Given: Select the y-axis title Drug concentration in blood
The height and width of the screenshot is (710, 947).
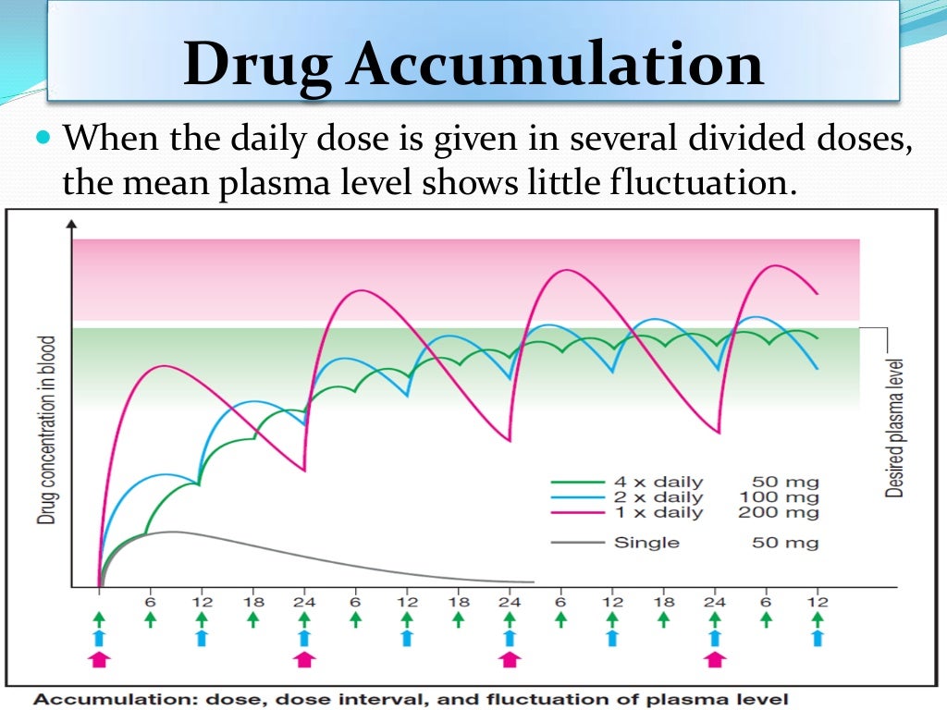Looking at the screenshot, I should click(x=46, y=430).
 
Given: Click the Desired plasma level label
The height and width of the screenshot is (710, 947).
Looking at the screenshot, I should click(x=894, y=428).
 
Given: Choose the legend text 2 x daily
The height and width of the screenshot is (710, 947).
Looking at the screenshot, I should click(x=658, y=497).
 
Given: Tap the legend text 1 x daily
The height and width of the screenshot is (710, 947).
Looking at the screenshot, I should click(x=658, y=512).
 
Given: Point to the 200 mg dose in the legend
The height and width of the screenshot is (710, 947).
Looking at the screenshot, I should click(x=778, y=512).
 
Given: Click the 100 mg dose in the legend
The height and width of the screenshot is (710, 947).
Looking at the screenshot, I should click(x=778, y=497).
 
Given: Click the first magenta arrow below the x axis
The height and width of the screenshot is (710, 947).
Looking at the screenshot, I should click(x=99, y=658).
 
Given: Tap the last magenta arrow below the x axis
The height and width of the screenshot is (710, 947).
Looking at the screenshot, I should click(x=713, y=658).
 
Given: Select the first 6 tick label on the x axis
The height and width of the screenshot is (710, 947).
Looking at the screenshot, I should click(x=150, y=602).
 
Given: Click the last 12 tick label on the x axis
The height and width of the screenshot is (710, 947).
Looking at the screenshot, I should click(x=816, y=602).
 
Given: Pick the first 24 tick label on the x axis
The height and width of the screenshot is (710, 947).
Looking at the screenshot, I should click(x=303, y=602).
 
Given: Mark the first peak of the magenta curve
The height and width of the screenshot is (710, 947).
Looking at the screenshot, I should click(x=163, y=366).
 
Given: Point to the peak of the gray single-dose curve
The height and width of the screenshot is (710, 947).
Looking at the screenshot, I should click(x=170, y=532).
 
